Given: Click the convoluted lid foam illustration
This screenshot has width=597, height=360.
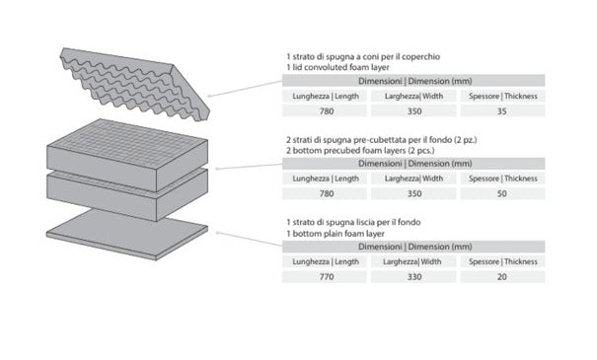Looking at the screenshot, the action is click(133, 84).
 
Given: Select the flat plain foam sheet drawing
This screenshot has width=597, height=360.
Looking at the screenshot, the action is click(127, 235).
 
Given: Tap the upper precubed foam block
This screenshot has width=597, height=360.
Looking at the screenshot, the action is click(127, 155).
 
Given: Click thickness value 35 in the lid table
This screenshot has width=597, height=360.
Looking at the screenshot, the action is click(502, 111).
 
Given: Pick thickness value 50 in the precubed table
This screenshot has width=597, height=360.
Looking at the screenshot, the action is click(502, 193).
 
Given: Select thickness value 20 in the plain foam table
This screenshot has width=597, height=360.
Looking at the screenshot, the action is click(502, 277).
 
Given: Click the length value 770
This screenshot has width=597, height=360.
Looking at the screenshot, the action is click(327, 277).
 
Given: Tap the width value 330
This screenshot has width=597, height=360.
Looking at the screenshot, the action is click(414, 277).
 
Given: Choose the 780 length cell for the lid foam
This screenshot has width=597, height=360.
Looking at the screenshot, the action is click(327, 111).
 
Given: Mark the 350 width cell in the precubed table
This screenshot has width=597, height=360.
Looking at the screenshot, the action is click(414, 193).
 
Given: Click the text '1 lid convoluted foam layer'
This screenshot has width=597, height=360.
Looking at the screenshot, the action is click(337, 67).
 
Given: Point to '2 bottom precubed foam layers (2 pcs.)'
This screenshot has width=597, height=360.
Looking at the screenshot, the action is click(360, 151).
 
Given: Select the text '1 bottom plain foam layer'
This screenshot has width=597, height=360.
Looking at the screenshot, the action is click(336, 234).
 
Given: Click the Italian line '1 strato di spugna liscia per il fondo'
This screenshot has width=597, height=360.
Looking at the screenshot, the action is click(353, 222).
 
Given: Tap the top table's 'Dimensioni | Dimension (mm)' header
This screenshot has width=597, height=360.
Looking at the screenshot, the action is click(414, 81).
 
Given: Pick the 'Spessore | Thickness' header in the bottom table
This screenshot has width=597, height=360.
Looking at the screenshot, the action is click(503, 261).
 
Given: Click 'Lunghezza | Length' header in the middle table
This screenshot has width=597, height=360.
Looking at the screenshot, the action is click(326, 179).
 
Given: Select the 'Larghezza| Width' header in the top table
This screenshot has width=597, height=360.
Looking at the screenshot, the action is click(413, 97).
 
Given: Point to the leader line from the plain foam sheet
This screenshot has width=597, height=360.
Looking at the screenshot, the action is click(249, 239).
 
